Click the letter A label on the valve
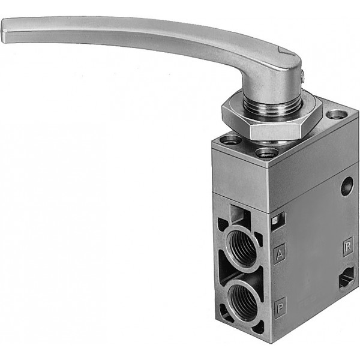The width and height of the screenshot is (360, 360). [x=280, y=254]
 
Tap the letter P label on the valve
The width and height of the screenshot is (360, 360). [x=280, y=307]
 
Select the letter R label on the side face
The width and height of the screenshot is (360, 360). [x=348, y=247]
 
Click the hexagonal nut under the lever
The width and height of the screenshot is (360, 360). [x=272, y=121]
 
